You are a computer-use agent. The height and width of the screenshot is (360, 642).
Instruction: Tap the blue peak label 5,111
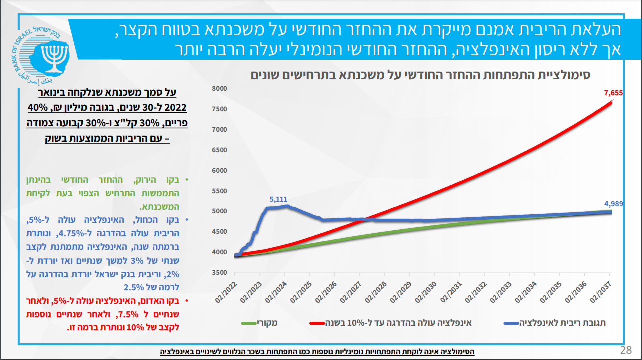tap(278, 199)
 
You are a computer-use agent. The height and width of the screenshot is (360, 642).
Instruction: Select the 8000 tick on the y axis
tap(220, 89)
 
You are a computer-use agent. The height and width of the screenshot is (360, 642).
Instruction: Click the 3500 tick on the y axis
tap(220, 273)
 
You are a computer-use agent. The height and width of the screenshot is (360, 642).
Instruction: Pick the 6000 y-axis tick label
tap(220, 170)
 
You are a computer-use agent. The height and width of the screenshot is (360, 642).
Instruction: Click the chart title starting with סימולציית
tap(420, 75)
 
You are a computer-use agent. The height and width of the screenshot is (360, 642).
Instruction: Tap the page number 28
tap(625, 349)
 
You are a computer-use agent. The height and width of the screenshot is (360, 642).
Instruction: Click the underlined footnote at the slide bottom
tap(317, 352)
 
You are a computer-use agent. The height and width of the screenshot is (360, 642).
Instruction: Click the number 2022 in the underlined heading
tap(175, 108)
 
